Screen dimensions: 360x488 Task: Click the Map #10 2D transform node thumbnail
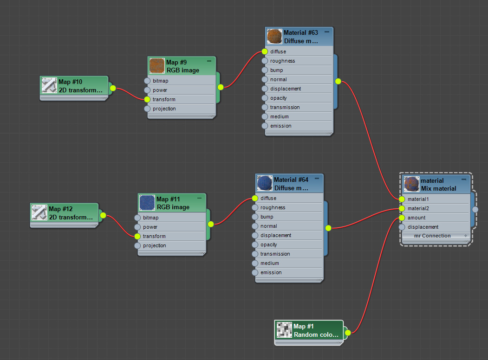[49, 85]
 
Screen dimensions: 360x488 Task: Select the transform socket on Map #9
[147, 99]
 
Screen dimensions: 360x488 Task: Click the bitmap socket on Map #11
[137, 218]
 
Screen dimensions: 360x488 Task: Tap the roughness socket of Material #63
[265, 61]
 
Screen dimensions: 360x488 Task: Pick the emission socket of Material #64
[255, 272]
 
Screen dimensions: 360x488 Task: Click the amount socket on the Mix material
[402, 218]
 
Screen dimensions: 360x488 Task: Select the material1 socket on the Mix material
[402, 199]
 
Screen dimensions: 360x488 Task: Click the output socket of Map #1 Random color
[348, 333]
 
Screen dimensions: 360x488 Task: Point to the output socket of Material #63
[338, 82]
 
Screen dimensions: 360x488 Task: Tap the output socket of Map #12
[103, 215]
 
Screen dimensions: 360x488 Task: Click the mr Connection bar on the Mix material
[432, 236]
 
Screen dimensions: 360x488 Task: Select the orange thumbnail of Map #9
[157, 66]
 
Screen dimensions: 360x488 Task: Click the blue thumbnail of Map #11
[147, 203]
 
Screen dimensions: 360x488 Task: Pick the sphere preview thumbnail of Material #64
[265, 183]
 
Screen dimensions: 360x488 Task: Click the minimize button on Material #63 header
[327, 32]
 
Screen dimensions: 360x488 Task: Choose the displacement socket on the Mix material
[402, 227]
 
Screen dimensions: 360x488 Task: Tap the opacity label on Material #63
[279, 98]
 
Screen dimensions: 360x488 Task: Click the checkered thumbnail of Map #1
[284, 330]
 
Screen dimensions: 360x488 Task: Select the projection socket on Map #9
[147, 109]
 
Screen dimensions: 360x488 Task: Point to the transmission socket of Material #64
[255, 254]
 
